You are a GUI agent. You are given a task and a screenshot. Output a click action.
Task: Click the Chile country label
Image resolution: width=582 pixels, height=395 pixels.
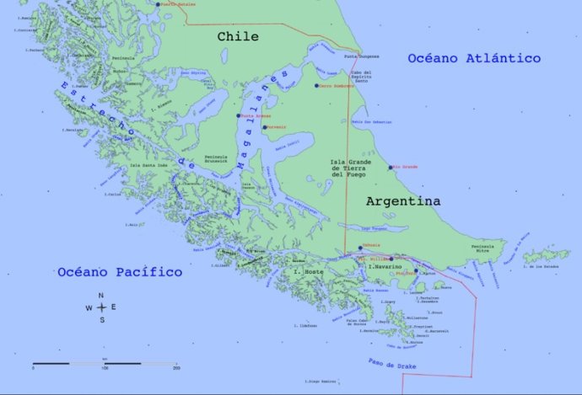click(238, 37)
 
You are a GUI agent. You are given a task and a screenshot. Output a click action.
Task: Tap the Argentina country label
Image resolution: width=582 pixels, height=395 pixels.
click(402, 202)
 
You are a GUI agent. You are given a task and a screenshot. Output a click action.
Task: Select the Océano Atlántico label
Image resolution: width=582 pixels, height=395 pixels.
click(473, 58)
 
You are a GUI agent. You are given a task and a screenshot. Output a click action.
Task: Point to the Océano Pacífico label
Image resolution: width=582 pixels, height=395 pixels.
click(120, 272)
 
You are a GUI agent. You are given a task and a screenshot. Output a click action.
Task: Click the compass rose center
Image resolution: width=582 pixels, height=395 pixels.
click(101, 307)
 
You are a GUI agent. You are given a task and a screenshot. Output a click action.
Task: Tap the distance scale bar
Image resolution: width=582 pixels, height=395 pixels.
click(105, 363)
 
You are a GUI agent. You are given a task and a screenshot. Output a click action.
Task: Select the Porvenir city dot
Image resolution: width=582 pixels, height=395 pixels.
click(264, 128)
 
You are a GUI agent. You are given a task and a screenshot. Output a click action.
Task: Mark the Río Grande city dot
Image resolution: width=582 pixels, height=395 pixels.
click(391, 167)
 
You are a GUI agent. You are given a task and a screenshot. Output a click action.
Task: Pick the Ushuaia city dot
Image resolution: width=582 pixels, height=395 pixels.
click(361, 248)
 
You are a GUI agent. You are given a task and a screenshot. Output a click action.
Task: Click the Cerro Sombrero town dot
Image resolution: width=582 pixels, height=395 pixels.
click(317, 86)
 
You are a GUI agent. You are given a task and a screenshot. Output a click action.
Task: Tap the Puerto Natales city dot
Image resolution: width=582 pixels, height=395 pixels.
click(158, 4)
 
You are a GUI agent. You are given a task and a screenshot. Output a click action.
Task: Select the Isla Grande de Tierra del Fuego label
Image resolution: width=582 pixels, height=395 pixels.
click(348, 168)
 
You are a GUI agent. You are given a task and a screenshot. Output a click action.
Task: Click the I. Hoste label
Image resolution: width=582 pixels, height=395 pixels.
click(308, 272)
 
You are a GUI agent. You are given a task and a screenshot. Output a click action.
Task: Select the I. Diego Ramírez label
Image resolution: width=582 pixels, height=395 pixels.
click(321, 382)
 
